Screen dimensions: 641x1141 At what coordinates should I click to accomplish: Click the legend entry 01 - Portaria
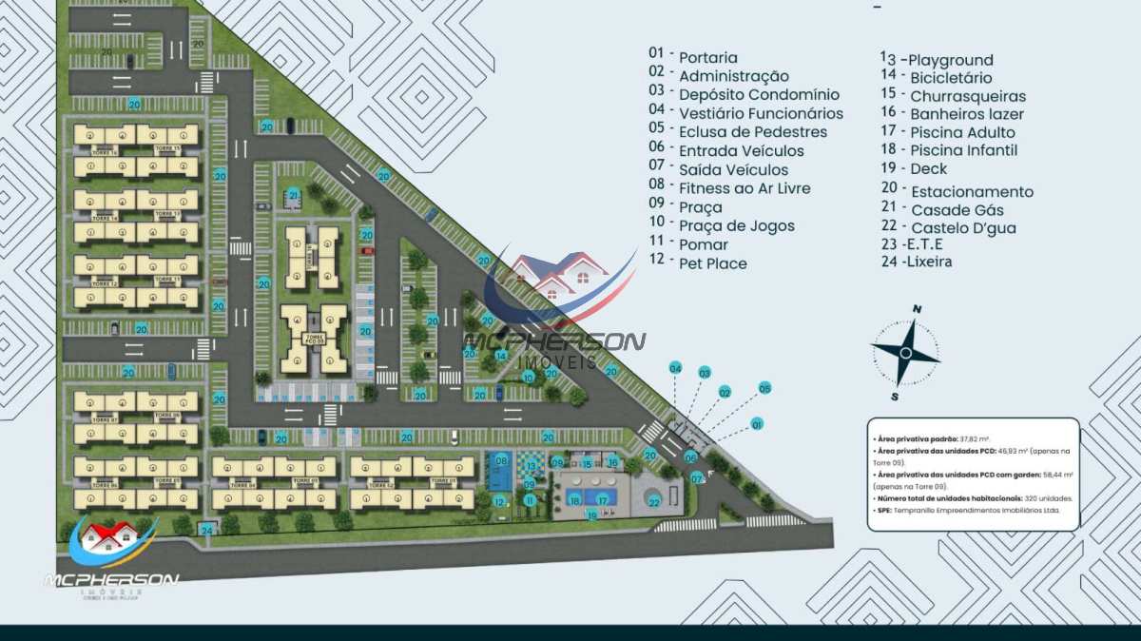click(693, 57)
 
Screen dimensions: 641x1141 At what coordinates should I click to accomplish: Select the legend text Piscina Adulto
click(962, 132)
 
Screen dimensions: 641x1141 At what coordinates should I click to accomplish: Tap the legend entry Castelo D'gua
click(963, 227)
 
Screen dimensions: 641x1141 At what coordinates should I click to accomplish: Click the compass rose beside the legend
click(906, 353)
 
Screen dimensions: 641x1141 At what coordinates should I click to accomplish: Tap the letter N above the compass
click(918, 309)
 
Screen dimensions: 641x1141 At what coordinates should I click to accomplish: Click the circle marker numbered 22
click(653, 500)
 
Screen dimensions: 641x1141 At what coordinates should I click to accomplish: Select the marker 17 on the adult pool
click(602, 499)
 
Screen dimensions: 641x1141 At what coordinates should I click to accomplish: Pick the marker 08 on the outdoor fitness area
click(500, 462)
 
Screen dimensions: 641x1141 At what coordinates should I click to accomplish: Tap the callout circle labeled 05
click(764, 388)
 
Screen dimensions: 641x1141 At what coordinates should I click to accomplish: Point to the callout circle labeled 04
click(676, 367)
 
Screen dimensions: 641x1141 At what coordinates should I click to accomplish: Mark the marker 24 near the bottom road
click(206, 529)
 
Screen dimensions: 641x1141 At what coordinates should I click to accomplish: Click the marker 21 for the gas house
click(294, 196)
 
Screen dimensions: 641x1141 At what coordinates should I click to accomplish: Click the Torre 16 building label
click(105, 151)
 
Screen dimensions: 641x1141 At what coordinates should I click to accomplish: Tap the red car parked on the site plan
click(367, 251)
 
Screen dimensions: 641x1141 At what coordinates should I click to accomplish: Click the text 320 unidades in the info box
click(1042, 498)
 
